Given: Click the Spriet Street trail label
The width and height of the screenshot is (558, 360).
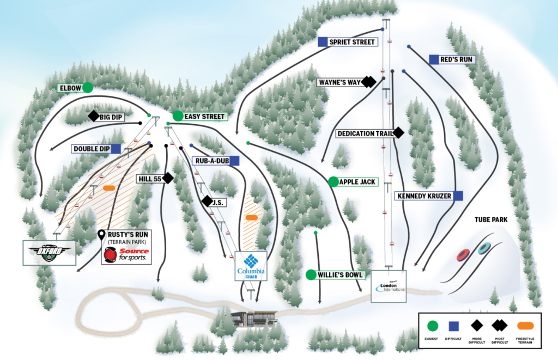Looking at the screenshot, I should click(x=352, y=42).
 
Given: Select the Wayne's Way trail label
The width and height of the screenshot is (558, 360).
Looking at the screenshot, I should click(x=341, y=82).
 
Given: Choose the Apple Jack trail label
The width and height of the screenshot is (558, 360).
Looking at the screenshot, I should click(x=357, y=181).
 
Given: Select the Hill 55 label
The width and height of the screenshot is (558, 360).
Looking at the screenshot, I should click(x=149, y=178).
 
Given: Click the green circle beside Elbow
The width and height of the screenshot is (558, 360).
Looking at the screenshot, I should click(x=87, y=87).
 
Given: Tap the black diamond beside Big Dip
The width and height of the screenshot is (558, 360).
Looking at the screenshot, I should click(x=93, y=116).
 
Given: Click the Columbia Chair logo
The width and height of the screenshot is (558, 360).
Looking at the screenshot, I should click(x=251, y=265).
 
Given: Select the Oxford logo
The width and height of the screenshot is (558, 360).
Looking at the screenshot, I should click(x=50, y=252).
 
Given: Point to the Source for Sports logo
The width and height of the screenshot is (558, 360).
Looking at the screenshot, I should click(x=126, y=255).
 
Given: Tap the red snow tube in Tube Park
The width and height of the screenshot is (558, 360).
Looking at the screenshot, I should click(x=464, y=254).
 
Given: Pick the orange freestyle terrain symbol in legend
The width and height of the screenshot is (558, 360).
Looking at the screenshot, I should click(x=525, y=326).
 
